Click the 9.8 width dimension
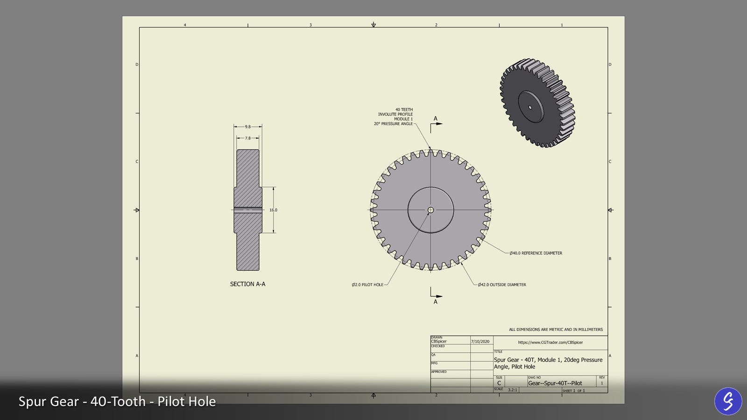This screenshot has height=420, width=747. point(247,126)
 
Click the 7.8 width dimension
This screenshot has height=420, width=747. point(247,138)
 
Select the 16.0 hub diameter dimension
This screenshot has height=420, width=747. point(273,210)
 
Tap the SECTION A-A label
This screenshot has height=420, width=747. point(247,284)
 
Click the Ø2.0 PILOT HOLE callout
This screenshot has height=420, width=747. point(367,285)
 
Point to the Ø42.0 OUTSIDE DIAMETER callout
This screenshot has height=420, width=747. point(501,285)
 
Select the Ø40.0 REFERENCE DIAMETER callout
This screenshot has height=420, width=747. point(536,253)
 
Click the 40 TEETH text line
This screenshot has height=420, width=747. point(404,110)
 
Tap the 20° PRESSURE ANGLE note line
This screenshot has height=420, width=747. point(393,124)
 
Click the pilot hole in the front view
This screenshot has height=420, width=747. point(430,210)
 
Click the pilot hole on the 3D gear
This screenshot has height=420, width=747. point(530,107)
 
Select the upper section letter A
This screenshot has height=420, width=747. point(436,119)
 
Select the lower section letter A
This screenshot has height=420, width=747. point(436,302)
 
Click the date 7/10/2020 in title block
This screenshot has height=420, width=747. point(480,342)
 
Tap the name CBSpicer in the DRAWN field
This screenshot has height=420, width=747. point(439,342)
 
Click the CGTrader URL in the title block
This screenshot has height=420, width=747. point(550,343)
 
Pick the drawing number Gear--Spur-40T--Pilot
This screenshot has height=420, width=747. point(555,383)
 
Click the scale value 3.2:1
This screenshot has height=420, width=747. point(512,390)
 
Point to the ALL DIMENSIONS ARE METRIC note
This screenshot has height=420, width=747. point(556,329)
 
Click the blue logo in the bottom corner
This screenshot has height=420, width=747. point(728,401)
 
